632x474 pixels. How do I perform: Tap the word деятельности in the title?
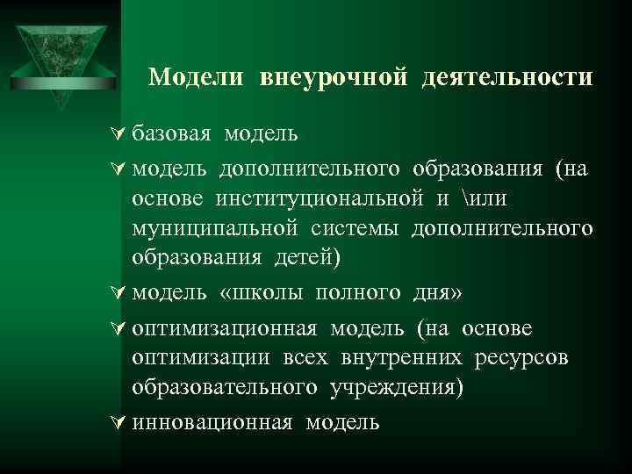pyautogui.click(x=507, y=77)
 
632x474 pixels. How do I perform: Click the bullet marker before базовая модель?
pyautogui.click(x=120, y=134)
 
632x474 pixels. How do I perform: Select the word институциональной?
pyautogui.click(x=321, y=199)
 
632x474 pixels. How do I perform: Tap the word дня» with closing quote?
pyautogui.click(x=435, y=292)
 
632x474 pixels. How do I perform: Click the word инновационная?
pyautogui.click(x=212, y=422)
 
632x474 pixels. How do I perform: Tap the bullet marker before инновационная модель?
pyautogui.click(x=120, y=422)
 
